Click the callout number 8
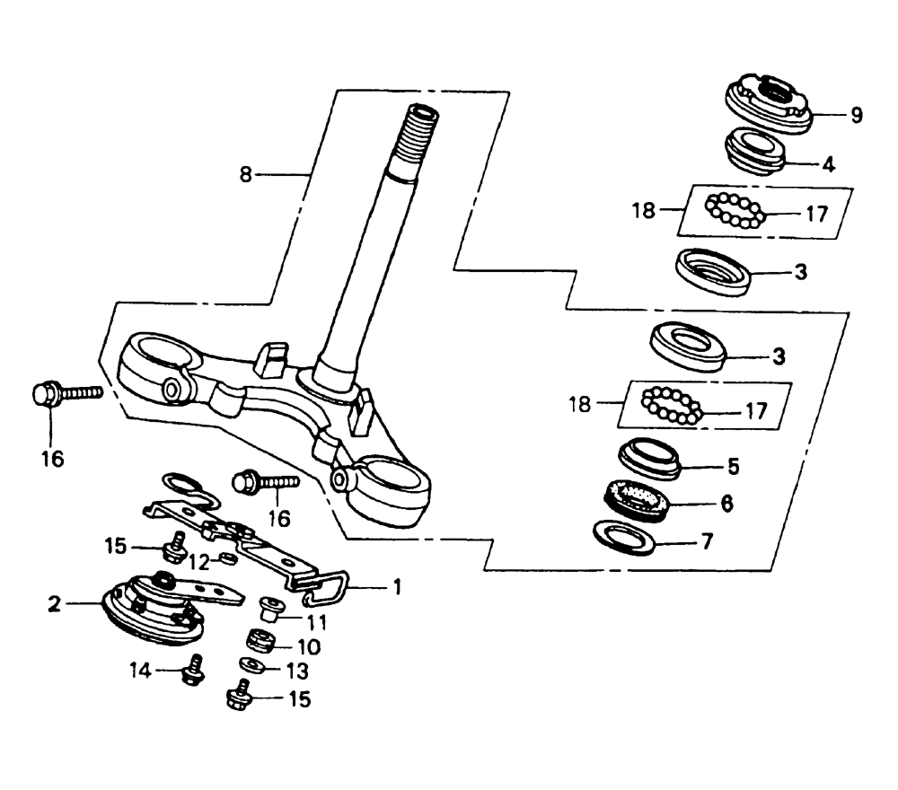click(x=246, y=174)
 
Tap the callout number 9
click(x=856, y=116)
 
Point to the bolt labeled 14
click(x=194, y=670)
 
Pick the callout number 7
click(x=708, y=541)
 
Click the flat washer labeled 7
click(x=624, y=537)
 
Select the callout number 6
click(x=726, y=504)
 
